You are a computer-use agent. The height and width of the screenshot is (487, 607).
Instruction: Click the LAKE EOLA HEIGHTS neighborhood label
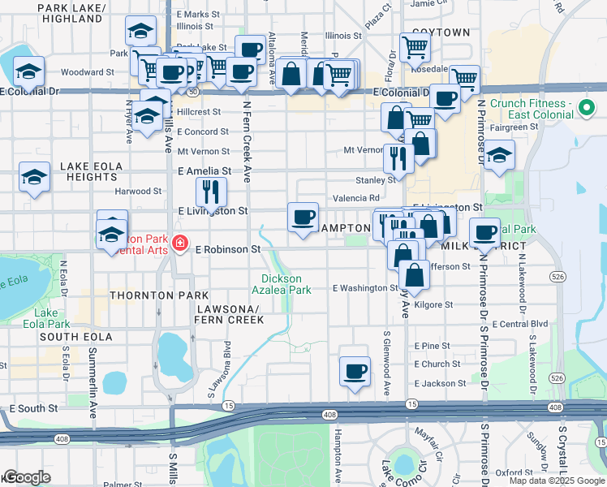tap(91, 171)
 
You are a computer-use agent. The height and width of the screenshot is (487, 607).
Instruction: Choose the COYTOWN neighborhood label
tap(441, 32)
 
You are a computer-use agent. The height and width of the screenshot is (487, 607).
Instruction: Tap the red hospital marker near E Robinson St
tap(179, 243)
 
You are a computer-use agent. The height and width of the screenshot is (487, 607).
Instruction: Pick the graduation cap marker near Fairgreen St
tap(499, 153)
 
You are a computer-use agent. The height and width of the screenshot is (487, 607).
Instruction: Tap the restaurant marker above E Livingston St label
tap(211, 192)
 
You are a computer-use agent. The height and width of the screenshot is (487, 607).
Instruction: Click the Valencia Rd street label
tap(356, 198)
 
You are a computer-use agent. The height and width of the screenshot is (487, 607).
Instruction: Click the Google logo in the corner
tap(27, 477)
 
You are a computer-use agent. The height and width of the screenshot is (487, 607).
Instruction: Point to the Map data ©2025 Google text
tap(557, 481)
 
